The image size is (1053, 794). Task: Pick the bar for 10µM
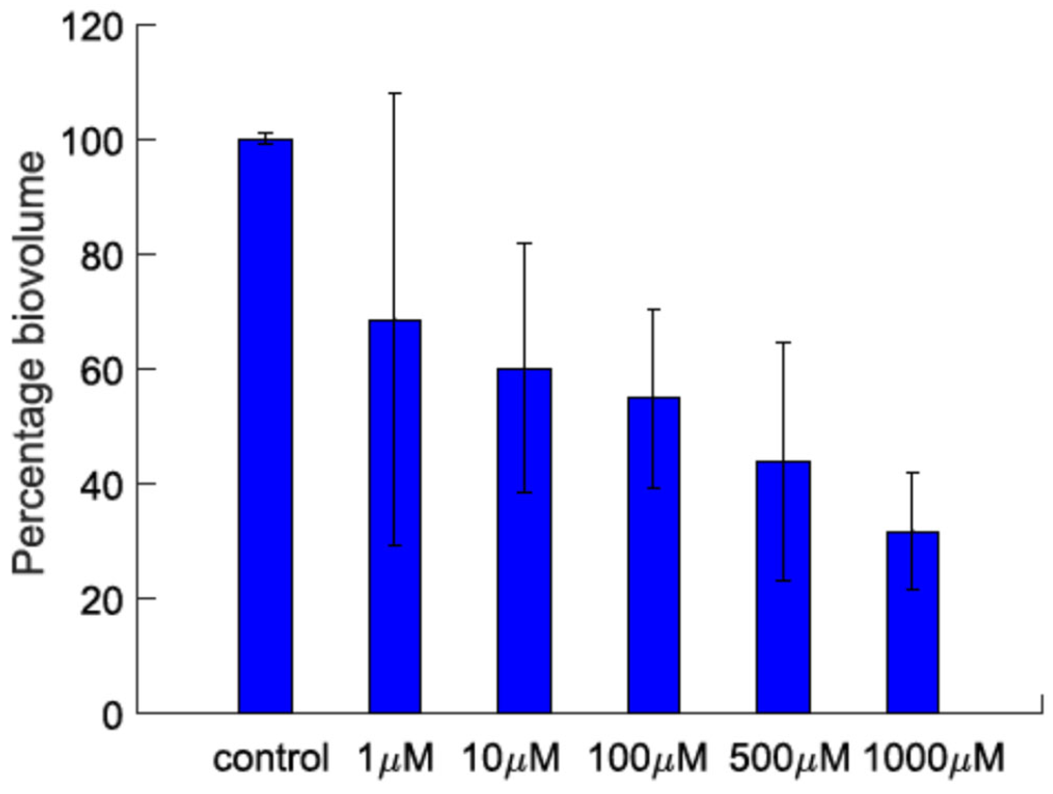pos(524,540)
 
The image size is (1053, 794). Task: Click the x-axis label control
pos(271,759)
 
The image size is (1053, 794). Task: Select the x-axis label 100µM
pos(648,759)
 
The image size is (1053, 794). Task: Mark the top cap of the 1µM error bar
pos(395,93)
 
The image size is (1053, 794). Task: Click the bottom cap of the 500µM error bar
pos(783,581)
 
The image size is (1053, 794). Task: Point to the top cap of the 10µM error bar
pos(524,243)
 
